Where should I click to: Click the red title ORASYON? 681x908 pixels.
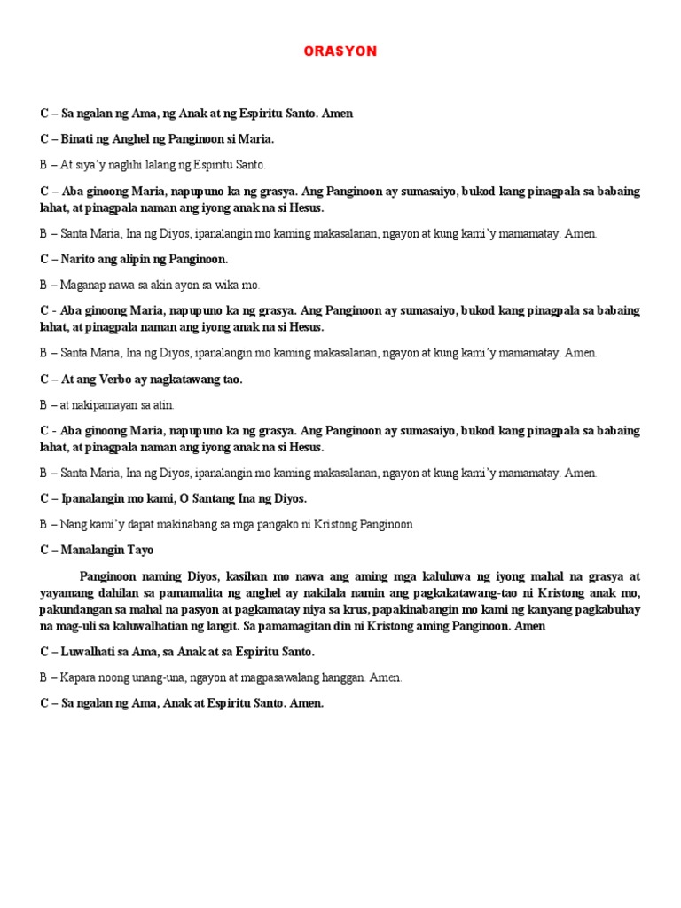coord(340,51)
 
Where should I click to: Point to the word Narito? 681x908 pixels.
coord(79,259)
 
